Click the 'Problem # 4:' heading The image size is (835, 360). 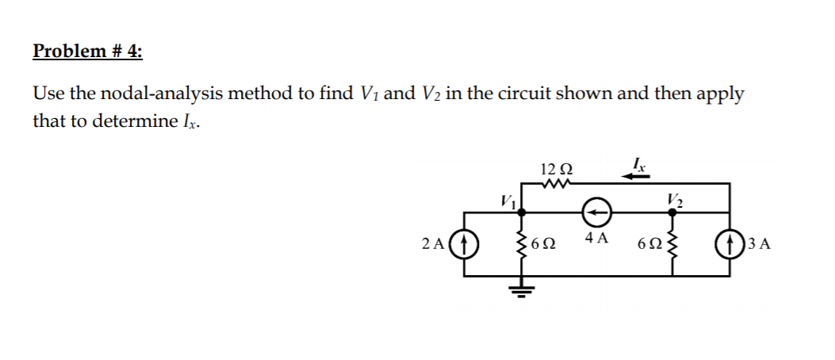[x=88, y=52]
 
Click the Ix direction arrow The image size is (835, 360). [x=636, y=177]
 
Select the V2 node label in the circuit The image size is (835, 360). [x=674, y=199]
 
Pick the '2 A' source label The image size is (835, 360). [x=434, y=243]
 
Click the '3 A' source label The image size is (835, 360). [x=757, y=243]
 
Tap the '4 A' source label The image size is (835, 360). [x=596, y=238]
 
